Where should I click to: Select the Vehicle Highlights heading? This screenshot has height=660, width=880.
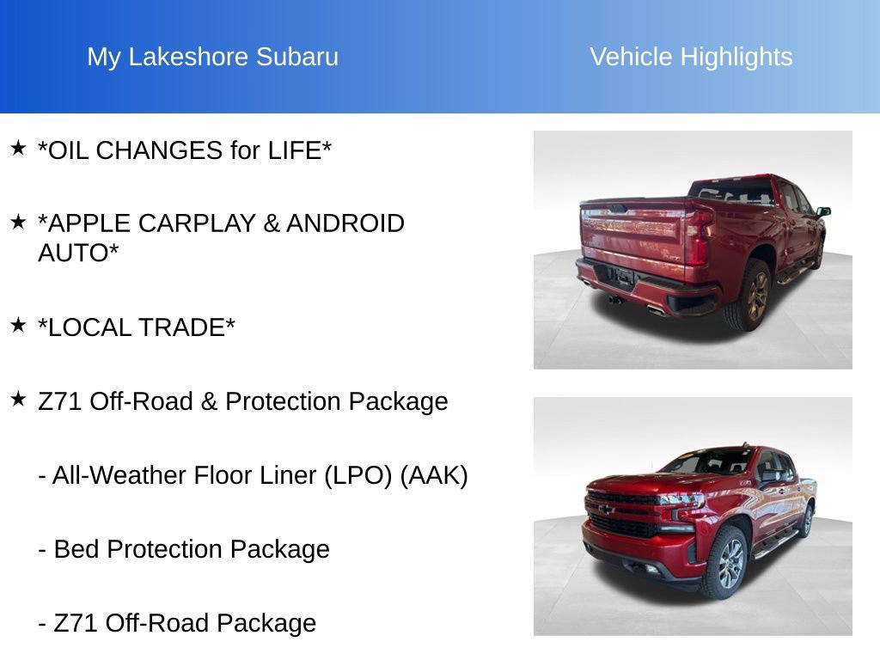(x=691, y=57)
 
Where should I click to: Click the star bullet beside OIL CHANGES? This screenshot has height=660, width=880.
(x=18, y=148)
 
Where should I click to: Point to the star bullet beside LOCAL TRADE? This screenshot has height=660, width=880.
(x=18, y=325)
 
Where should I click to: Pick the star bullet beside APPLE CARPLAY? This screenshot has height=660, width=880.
(x=18, y=221)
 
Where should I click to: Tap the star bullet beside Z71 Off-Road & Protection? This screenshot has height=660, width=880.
(x=18, y=399)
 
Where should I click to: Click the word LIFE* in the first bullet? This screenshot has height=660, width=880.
(x=300, y=150)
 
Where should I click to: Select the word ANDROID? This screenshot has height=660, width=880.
(x=345, y=223)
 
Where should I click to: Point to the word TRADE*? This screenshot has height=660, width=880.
(x=190, y=327)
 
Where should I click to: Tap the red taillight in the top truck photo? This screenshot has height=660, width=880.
(x=698, y=235)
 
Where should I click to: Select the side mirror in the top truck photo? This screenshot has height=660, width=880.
(x=822, y=211)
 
